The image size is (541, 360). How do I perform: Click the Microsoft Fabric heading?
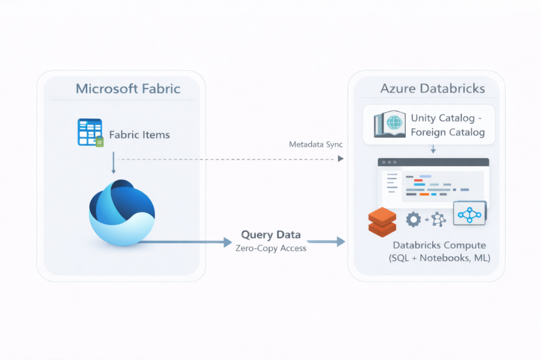[x=128, y=88]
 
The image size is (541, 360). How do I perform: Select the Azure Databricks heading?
[x=432, y=88]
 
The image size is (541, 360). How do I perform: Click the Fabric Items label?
[x=139, y=135]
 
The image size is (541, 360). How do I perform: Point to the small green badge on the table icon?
[x=99, y=141]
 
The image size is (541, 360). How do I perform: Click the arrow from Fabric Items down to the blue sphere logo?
[x=113, y=163]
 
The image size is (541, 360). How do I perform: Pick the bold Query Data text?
[x=270, y=234]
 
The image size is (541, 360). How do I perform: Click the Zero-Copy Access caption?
[x=270, y=248]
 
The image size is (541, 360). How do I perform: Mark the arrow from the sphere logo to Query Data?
[x=185, y=242]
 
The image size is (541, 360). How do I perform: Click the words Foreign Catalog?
[x=447, y=132]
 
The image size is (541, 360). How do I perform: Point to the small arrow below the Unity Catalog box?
[x=433, y=150]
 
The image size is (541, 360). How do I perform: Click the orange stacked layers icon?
[x=381, y=222]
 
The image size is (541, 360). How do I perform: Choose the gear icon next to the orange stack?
[x=413, y=219]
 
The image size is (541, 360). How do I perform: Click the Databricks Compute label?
[x=439, y=245]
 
